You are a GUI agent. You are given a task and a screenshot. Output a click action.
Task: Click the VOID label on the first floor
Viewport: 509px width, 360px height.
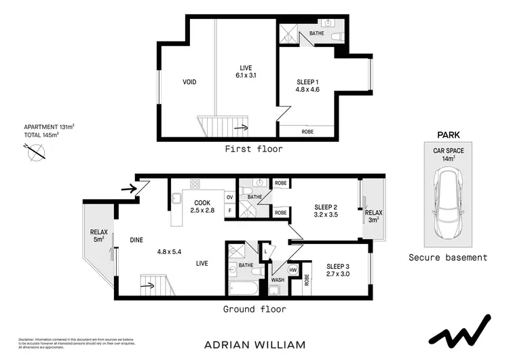(189, 82)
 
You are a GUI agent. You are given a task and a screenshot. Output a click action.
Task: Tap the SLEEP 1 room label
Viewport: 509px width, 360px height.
(307, 82)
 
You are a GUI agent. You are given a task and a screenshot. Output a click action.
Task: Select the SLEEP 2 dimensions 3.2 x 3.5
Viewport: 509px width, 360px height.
(326, 215)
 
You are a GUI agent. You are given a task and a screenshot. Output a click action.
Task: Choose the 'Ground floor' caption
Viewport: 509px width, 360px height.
(254, 309)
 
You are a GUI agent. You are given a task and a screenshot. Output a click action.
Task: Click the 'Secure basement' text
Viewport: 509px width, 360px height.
(448, 257)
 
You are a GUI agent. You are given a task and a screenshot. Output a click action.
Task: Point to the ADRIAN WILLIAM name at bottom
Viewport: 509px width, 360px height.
(254, 344)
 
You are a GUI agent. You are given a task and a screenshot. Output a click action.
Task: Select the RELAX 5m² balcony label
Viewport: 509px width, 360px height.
(99, 235)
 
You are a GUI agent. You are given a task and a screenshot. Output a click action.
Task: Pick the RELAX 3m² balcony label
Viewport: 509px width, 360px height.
(375, 216)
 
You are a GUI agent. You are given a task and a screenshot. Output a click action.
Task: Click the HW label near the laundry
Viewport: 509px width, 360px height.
(293, 270)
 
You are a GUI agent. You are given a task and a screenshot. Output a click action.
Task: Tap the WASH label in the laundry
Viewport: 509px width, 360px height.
(278, 279)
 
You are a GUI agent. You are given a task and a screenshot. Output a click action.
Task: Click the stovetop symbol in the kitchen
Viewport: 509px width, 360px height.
(195, 183)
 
